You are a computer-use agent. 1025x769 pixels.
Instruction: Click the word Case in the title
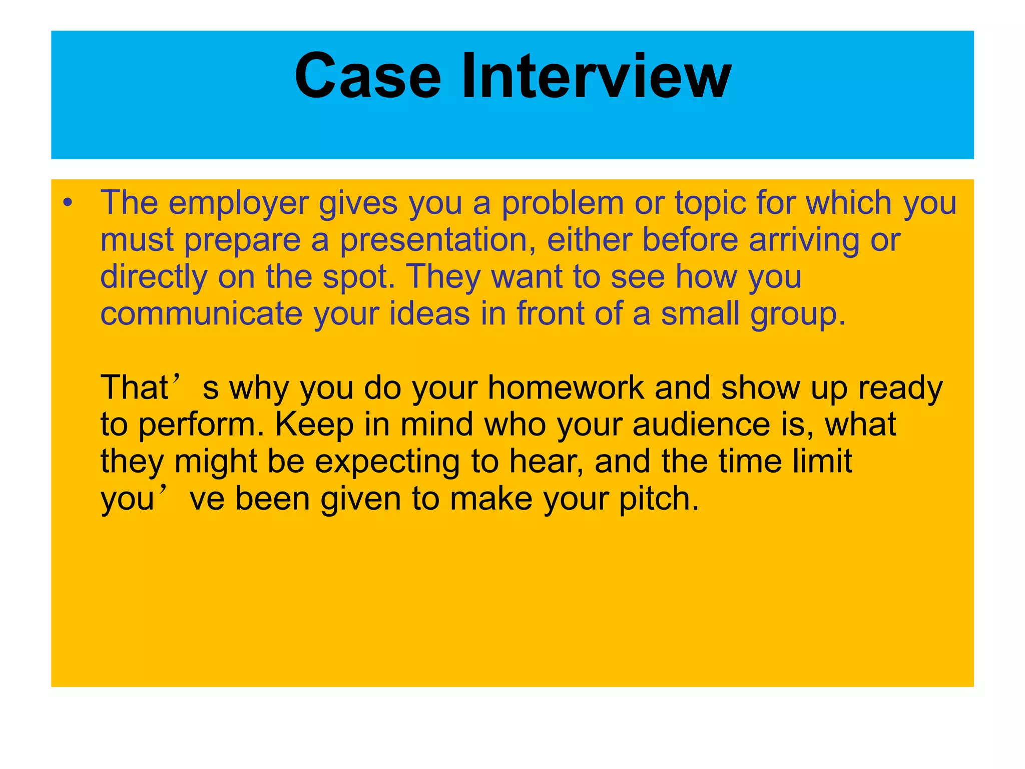click(368, 76)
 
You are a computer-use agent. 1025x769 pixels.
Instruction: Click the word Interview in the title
click(596, 76)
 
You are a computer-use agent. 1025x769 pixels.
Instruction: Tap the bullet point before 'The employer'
click(68, 203)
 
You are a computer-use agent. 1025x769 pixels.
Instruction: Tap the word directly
click(153, 277)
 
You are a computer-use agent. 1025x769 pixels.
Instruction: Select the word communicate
click(201, 314)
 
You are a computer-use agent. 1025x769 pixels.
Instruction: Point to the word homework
click(566, 388)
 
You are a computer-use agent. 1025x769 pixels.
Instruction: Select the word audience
click(701, 425)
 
